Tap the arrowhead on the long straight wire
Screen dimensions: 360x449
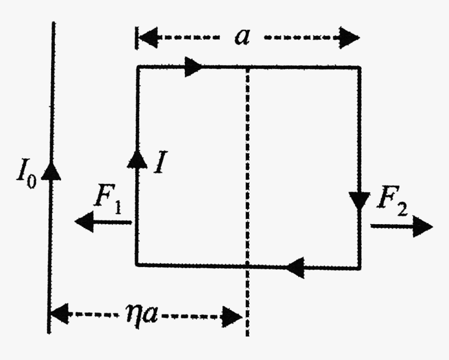click(x=51, y=169)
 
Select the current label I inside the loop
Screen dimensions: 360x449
click(x=160, y=164)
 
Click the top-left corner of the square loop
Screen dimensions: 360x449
click(x=137, y=66)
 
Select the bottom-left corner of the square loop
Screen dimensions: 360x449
click(x=137, y=265)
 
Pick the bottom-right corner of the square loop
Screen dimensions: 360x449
click(x=359, y=267)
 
